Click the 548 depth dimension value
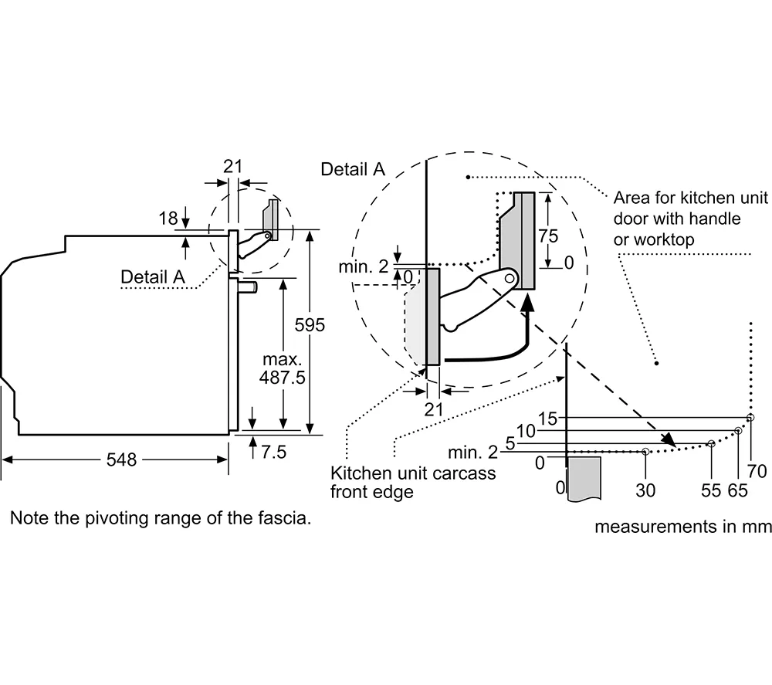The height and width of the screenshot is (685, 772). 121,459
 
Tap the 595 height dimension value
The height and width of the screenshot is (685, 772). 310,325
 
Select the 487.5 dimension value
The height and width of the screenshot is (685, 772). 282,378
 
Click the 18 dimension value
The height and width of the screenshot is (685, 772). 168,218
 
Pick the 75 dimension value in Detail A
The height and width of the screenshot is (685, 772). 548,236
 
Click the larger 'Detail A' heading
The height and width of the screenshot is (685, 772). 353,169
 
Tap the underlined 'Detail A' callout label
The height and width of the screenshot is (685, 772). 153,276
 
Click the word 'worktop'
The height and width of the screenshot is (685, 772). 670,240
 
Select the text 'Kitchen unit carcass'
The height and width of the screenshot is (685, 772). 413,473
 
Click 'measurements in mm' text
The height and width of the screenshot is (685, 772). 682,527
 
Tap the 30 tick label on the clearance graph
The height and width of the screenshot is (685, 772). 645,490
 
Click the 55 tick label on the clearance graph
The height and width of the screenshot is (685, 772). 711,490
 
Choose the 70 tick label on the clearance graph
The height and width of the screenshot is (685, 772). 757,471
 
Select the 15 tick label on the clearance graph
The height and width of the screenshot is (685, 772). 547,419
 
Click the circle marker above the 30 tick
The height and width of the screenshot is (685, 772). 645,452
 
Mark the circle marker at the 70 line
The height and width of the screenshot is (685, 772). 750,418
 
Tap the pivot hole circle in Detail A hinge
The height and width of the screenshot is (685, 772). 510,279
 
